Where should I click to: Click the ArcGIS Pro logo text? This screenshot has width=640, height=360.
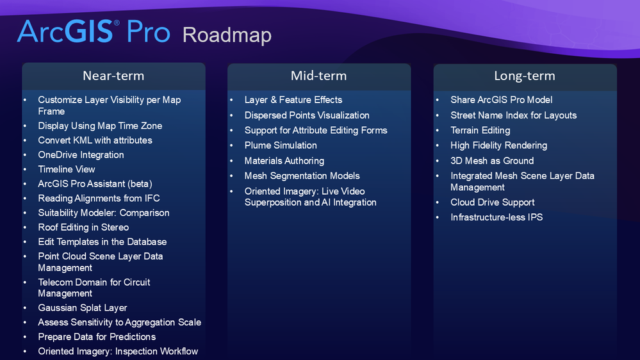[x=94, y=32]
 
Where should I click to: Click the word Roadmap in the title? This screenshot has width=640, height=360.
[x=227, y=35]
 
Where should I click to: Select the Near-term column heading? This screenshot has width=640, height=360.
[x=113, y=76]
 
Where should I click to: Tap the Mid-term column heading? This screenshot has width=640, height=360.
[x=318, y=76]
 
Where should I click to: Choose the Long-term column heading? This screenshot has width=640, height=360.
[x=524, y=76]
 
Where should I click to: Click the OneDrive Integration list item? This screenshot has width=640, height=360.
[x=81, y=155]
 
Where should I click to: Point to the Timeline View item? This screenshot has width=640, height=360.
[x=67, y=169]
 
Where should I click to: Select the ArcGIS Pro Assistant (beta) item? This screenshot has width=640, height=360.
[x=95, y=184]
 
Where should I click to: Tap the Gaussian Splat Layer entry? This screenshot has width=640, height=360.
[x=83, y=308]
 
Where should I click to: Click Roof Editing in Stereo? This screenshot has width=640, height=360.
[x=83, y=227]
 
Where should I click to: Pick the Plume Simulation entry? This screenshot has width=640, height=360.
[x=281, y=145]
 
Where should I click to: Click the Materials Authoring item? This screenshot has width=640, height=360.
[x=284, y=161]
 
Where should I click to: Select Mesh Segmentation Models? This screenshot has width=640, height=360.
[x=302, y=176]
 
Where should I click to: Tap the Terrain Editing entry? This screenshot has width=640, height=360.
[x=480, y=130]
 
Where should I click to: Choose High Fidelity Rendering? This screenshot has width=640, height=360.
[x=499, y=145]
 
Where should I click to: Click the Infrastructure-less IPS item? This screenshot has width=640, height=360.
[x=496, y=217]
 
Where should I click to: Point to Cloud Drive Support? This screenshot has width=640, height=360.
[x=493, y=202]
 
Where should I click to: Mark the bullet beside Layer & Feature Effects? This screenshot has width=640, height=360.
[x=232, y=100]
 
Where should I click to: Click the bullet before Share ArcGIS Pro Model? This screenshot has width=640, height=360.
[x=438, y=100]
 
